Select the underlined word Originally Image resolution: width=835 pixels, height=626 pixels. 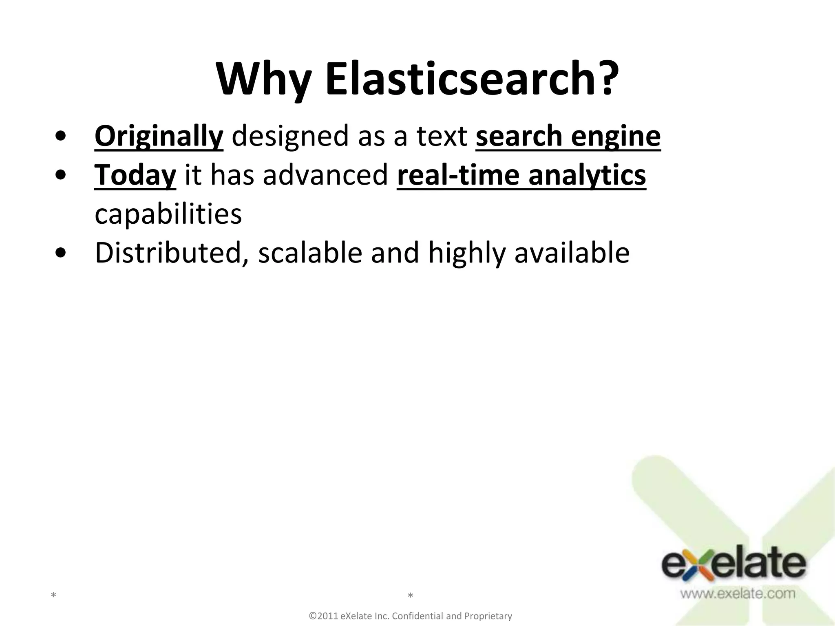(x=159, y=137)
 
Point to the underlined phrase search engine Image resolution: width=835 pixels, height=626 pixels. (x=568, y=137)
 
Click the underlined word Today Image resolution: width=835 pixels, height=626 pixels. (x=135, y=175)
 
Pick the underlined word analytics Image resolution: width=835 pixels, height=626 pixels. (x=587, y=175)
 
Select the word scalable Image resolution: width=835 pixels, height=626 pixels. (x=310, y=253)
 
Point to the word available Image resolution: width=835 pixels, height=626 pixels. (x=572, y=253)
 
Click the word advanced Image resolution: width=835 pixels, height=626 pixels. (x=325, y=175)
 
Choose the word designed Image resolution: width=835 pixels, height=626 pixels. (x=290, y=137)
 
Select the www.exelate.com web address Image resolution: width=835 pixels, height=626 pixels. (x=737, y=593)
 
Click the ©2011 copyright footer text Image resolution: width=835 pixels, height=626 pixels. (x=411, y=616)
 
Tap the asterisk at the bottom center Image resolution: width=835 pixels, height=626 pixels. (x=411, y=596)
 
